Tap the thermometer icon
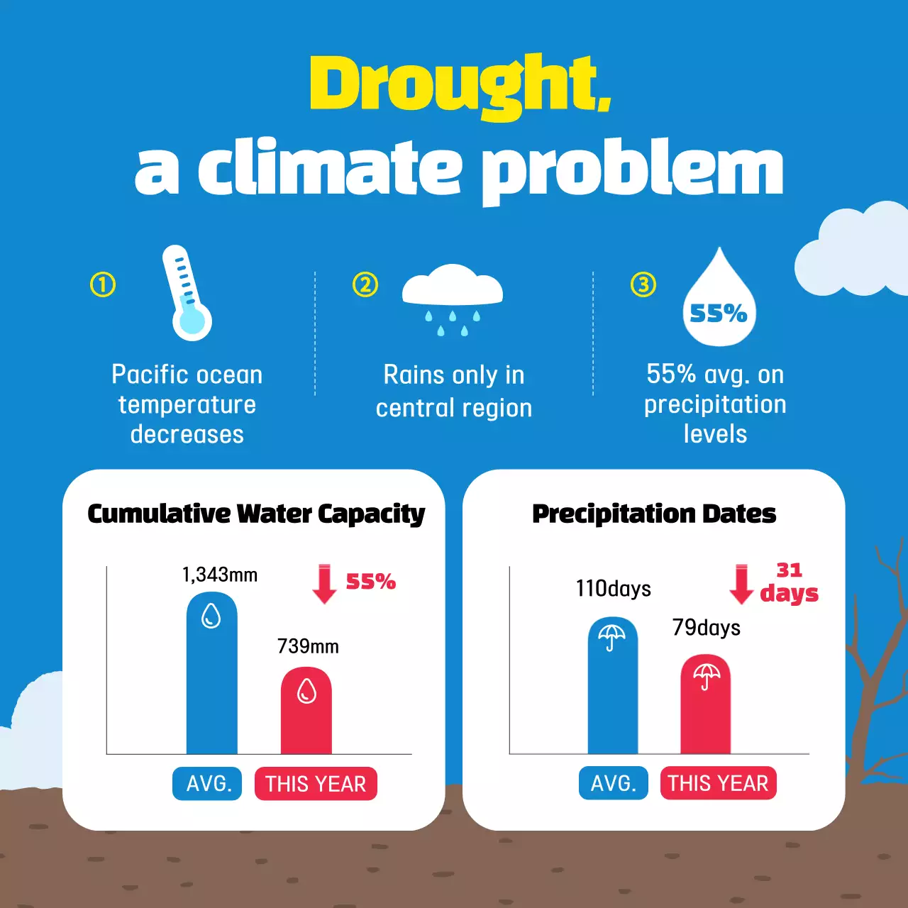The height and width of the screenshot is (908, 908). point(187,294)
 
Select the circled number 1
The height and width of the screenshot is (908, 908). point(103,285)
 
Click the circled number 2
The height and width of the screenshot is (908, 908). point(365,285)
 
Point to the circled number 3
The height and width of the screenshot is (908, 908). point(643,285)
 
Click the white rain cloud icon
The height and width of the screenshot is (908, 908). point(452,287)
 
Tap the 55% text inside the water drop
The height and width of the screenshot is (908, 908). point(719,313)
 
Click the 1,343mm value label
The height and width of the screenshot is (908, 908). point(220,575)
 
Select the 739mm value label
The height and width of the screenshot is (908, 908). point(308,646)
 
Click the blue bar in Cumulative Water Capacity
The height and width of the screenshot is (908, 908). point(211,688)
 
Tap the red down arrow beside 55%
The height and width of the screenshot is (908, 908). point(324,584)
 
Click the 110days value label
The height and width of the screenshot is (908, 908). point(614,589)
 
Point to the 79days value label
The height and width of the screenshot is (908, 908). point(707,628)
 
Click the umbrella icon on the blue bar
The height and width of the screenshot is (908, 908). point(611,636)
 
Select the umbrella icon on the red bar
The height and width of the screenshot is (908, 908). point(707,675)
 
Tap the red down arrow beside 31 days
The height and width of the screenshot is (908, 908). point(741,584)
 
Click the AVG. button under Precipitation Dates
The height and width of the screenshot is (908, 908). point(614,783)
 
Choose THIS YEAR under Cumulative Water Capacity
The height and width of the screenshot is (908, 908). point(316,784)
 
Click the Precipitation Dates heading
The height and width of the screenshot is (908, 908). point(654,514)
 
